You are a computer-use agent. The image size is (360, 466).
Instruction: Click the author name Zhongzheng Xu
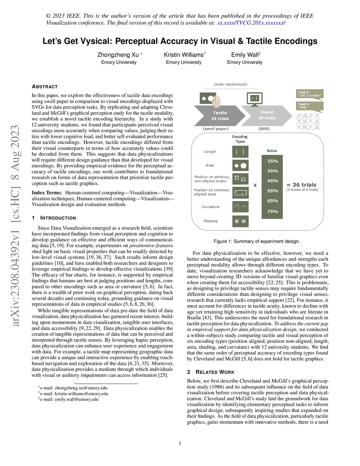pyautogui.click(x=118, y=55)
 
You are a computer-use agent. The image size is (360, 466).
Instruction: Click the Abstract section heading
pyautogui.click(x=45, y=87)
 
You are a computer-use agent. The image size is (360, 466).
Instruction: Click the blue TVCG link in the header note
pyautogui.click(x=251, y=23)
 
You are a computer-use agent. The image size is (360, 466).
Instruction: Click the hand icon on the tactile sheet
pyautogui.click(x=216, y=101)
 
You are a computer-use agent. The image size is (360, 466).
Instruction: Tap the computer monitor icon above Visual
pyautogui.click(x=255, y=99)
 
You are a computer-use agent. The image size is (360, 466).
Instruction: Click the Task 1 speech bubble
pyautogui.click(x=310, y=94)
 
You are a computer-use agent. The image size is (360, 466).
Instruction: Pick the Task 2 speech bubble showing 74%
pyautogui.click(x=310, y=106)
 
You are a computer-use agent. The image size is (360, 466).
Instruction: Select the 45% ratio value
pyautogui.click(x=272, y=181)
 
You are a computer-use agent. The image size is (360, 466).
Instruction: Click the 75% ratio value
pyautogui.click(x=272, y=211)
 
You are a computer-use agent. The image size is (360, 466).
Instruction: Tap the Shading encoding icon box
pyautogui.click(x=240, y=221)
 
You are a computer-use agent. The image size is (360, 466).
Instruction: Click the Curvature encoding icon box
pyautogui.click(x=240, y=207)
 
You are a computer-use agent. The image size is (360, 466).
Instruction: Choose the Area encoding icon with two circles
pyautogui.click(x=240, y=165)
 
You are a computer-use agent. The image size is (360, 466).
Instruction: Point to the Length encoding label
pyautogui.click(x=210, y=152)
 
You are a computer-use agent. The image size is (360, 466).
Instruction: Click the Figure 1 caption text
pyautogui.click(x=257, y=241)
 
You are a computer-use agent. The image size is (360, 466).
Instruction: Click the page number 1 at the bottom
pyautogui.click(x=180, y=443)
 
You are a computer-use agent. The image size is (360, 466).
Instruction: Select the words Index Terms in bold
pyautogui.click(x=47, y=193)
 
